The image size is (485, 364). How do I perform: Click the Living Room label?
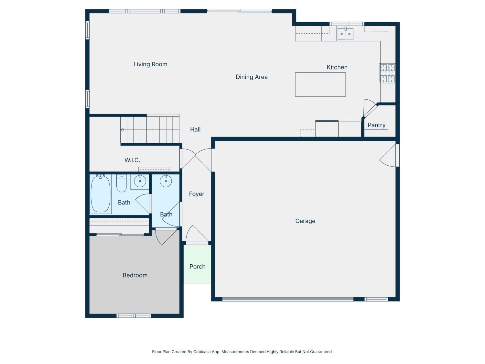click(150, 64)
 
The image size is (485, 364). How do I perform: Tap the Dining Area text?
click(252, 77)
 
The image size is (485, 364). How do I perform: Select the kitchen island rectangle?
click(320, 85)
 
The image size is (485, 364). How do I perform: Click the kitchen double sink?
click(345, 34)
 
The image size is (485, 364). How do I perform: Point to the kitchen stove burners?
click(387, 73)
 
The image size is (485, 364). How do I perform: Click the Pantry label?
click(376, 125)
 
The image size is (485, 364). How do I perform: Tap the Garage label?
click(305, 221)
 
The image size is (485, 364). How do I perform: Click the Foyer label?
click(197, 194)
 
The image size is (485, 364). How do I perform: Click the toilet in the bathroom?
click(122, 184)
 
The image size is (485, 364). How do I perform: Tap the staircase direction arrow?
click(122, 130)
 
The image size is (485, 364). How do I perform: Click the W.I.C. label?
click(132, 160)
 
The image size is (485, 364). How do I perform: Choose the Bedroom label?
click(135, 275)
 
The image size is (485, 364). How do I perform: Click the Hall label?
click(195, 129)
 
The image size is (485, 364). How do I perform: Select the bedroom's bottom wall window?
click(134, 316)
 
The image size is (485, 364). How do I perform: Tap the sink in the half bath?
click(166, 181)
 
